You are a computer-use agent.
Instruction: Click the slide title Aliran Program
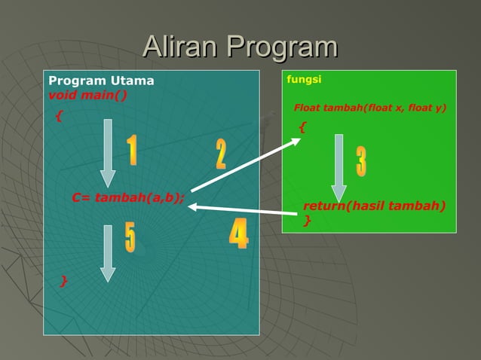click(240, 47)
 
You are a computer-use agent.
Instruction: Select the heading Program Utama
click(101, 81)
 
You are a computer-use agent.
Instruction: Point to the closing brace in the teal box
click(64, 281)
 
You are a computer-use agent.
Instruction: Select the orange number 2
click(220, 154)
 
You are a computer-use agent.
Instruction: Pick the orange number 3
click(362, 162)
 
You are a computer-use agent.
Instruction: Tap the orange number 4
click(238, 234)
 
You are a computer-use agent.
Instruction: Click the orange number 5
click(130, 237)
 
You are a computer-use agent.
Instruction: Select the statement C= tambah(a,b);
click(127, 198)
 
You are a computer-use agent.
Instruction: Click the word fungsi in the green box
click(300, 79)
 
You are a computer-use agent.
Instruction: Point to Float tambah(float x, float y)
click(369, 108)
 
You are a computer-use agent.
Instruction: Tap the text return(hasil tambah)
click(374, 206)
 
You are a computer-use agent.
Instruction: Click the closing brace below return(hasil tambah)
click(307, 220)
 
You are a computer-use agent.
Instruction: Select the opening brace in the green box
click(302, 127)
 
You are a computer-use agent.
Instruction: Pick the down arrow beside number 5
click(108, 253)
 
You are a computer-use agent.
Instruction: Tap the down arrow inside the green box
click(339, 167)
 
